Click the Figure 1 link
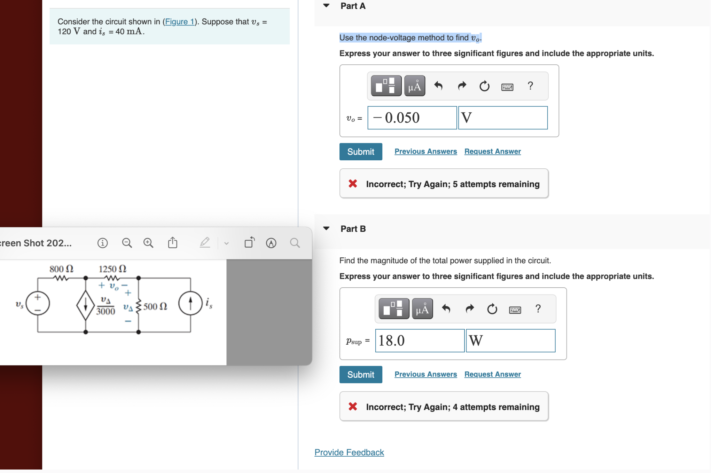(179, 22)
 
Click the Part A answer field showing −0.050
(412, 118)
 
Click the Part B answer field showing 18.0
(420, 341)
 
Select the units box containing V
(502, 118)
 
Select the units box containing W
(510, 341)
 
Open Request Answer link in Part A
(492, 151)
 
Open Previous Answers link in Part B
(425, 374)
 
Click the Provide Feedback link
(349, 452)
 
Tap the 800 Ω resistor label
(61, 269)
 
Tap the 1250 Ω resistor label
(112, 269)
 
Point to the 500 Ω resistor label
(155, 306)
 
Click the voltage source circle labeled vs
(38, 303)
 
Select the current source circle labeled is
(190, 303)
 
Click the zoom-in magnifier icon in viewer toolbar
(148, 243)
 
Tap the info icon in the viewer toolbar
(102, 243)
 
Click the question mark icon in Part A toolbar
(530, 86)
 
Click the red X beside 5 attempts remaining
(353, 184)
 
